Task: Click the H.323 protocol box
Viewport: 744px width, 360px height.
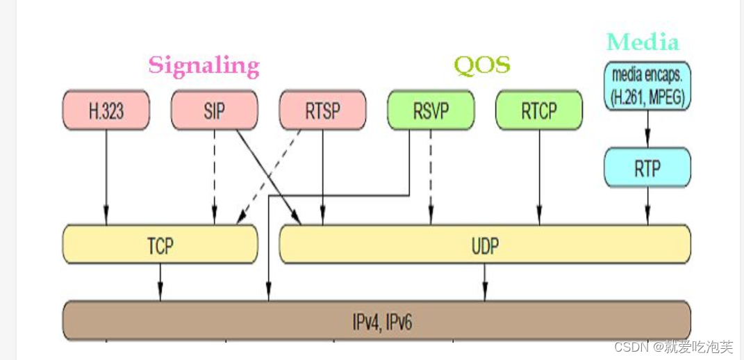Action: tap(106, 110)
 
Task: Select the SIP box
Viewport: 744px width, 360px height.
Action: tap(214, 110)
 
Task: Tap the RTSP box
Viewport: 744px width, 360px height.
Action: tap(322, 110)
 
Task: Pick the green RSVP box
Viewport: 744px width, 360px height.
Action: tap(431, 110)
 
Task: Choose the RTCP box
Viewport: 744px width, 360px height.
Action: tap(539, 110)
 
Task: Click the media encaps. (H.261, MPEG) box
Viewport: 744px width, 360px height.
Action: tap(647, 85)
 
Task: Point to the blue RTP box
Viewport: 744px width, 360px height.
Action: tap(647, 167)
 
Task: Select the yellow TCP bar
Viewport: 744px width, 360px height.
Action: tap(160, 245)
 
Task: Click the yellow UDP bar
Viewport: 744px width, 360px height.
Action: tap(484, 245)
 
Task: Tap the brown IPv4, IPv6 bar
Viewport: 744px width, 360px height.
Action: tap(377, 321)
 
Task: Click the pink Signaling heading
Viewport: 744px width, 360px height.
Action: tap(204, 65)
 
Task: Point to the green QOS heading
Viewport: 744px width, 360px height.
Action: tap(482, 65)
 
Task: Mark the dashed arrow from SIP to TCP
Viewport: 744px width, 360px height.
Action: tap(214, 177)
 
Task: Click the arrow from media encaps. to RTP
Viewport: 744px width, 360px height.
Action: tap(647, 129)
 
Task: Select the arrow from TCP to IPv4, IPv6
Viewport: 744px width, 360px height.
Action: tap(160, 282)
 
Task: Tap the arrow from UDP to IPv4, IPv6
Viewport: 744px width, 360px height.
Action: tap(484, 282)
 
